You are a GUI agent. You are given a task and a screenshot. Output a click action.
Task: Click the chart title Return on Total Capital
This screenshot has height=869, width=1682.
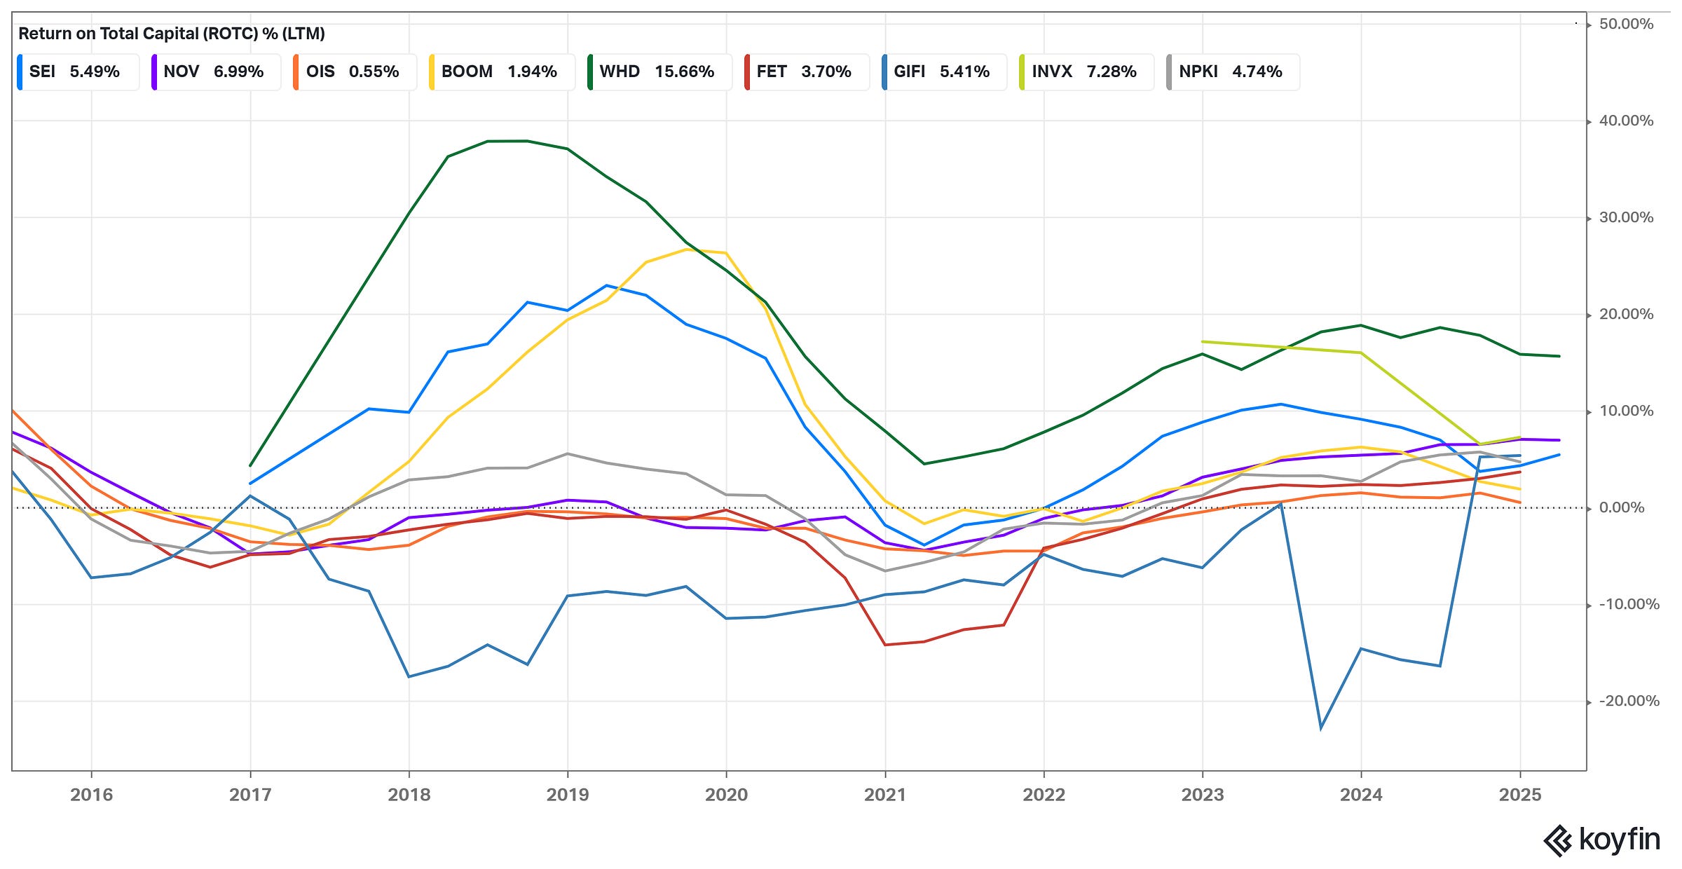[171, 34]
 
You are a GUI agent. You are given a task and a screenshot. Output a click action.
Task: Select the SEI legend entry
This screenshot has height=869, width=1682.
[77, 71]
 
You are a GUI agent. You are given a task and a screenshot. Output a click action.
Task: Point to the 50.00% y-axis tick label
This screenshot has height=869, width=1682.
[1626, 25]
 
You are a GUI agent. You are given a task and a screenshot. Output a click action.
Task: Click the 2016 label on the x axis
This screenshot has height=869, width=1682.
[91, 795]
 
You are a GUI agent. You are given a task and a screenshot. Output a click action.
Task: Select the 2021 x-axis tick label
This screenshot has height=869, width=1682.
[885, 795]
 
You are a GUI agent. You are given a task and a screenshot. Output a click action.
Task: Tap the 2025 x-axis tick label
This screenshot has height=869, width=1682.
[1519, 795]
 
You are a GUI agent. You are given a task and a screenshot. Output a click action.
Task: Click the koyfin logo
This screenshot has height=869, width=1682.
[1602, 840]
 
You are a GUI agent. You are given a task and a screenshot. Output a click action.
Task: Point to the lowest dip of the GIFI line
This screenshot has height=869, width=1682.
[1321, 729]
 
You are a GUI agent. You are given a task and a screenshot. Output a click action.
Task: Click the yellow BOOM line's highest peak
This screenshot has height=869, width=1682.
[687, 249]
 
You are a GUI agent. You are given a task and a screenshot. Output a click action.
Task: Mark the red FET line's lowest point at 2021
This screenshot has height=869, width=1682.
[885, 645]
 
